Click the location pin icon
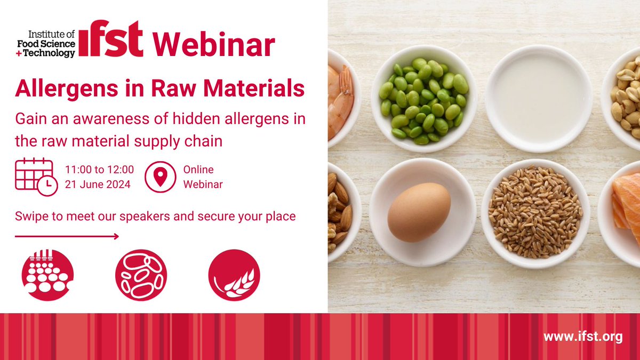tap(160, 177)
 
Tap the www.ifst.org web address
tap(583, 337)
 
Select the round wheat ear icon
tap(234, 275)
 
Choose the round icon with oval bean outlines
tap(141, 275)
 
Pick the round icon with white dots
tap(47, 275)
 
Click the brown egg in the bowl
tap(419, 212)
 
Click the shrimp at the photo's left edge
tap(340, 101)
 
